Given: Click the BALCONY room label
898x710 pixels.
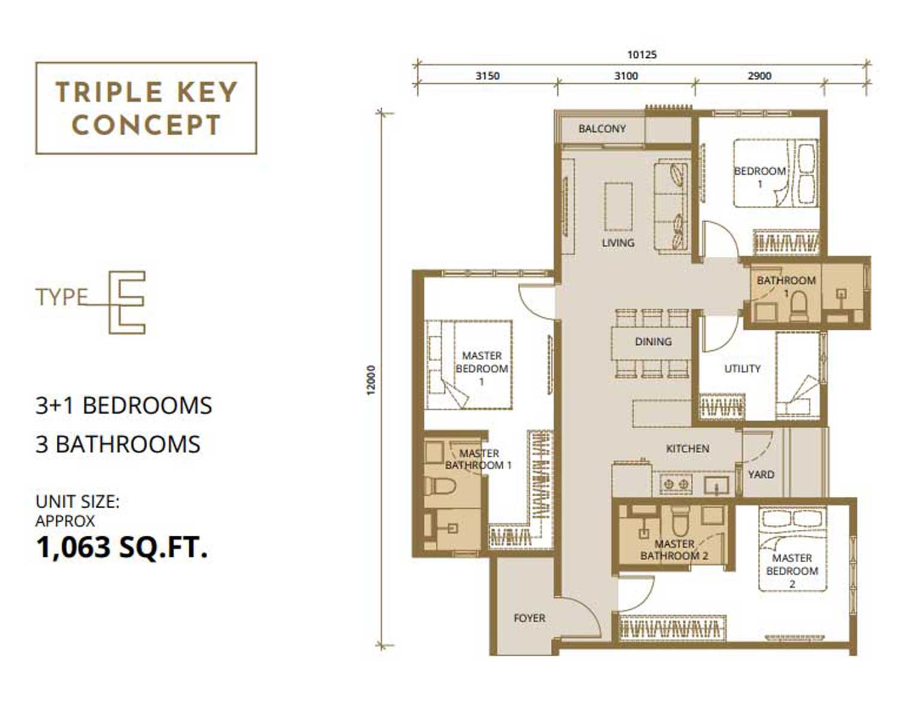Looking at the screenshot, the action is (x=602, y=129).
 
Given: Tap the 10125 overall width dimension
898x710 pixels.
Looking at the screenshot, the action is (x=642, y=54).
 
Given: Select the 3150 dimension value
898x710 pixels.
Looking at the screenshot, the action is (x=488, y=76).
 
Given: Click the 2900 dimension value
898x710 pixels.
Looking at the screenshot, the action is (x=760, y=76).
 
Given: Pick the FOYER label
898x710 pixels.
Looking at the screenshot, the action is (x=530, y=618).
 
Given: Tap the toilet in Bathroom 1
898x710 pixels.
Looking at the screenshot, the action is (x=799, y=307).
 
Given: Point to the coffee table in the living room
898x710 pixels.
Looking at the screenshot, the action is (x=618, y=206).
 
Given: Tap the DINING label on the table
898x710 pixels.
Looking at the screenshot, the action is (x=653, y=342).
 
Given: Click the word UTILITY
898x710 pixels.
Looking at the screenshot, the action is (x=742, y=369).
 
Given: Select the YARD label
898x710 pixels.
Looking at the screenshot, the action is (x=761, y=475).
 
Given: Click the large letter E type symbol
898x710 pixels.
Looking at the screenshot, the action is (x=127, y=302).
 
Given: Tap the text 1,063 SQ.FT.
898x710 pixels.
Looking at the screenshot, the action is (x=122, y=547).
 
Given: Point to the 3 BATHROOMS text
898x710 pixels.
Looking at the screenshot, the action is (x=118, y=444).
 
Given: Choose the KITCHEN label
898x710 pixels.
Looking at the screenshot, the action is (x=688, y=449).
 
